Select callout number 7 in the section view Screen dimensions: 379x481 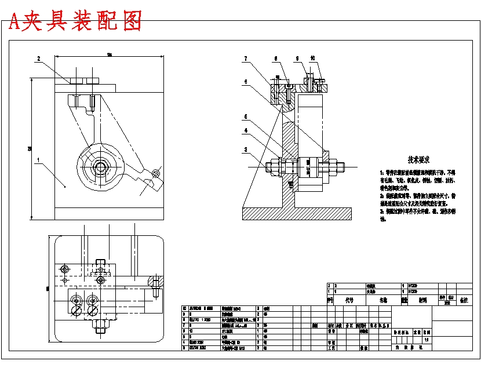pyautogui.click(x=246, y=59)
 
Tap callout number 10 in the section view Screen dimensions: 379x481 pyautogui.click(x=313, y=58)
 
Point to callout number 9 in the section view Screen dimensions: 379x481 pyautogui.click(x=297, y=59)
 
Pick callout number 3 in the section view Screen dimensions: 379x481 pyautogui.click(x=246, y=150)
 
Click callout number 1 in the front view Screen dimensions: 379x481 pyautogui.click(x=38, y=159)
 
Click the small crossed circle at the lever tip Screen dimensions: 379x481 pyautogui.click(x=155, y=173)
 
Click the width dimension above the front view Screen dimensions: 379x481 pyautogui.click(x=109, y=55)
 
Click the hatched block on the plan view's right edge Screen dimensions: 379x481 pyautogui.click(x=154, y=282)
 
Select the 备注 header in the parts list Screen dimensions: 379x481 pyautogui.click(x=463, y=301)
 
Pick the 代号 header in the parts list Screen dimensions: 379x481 pyautogui.click(x=349, y=301)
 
